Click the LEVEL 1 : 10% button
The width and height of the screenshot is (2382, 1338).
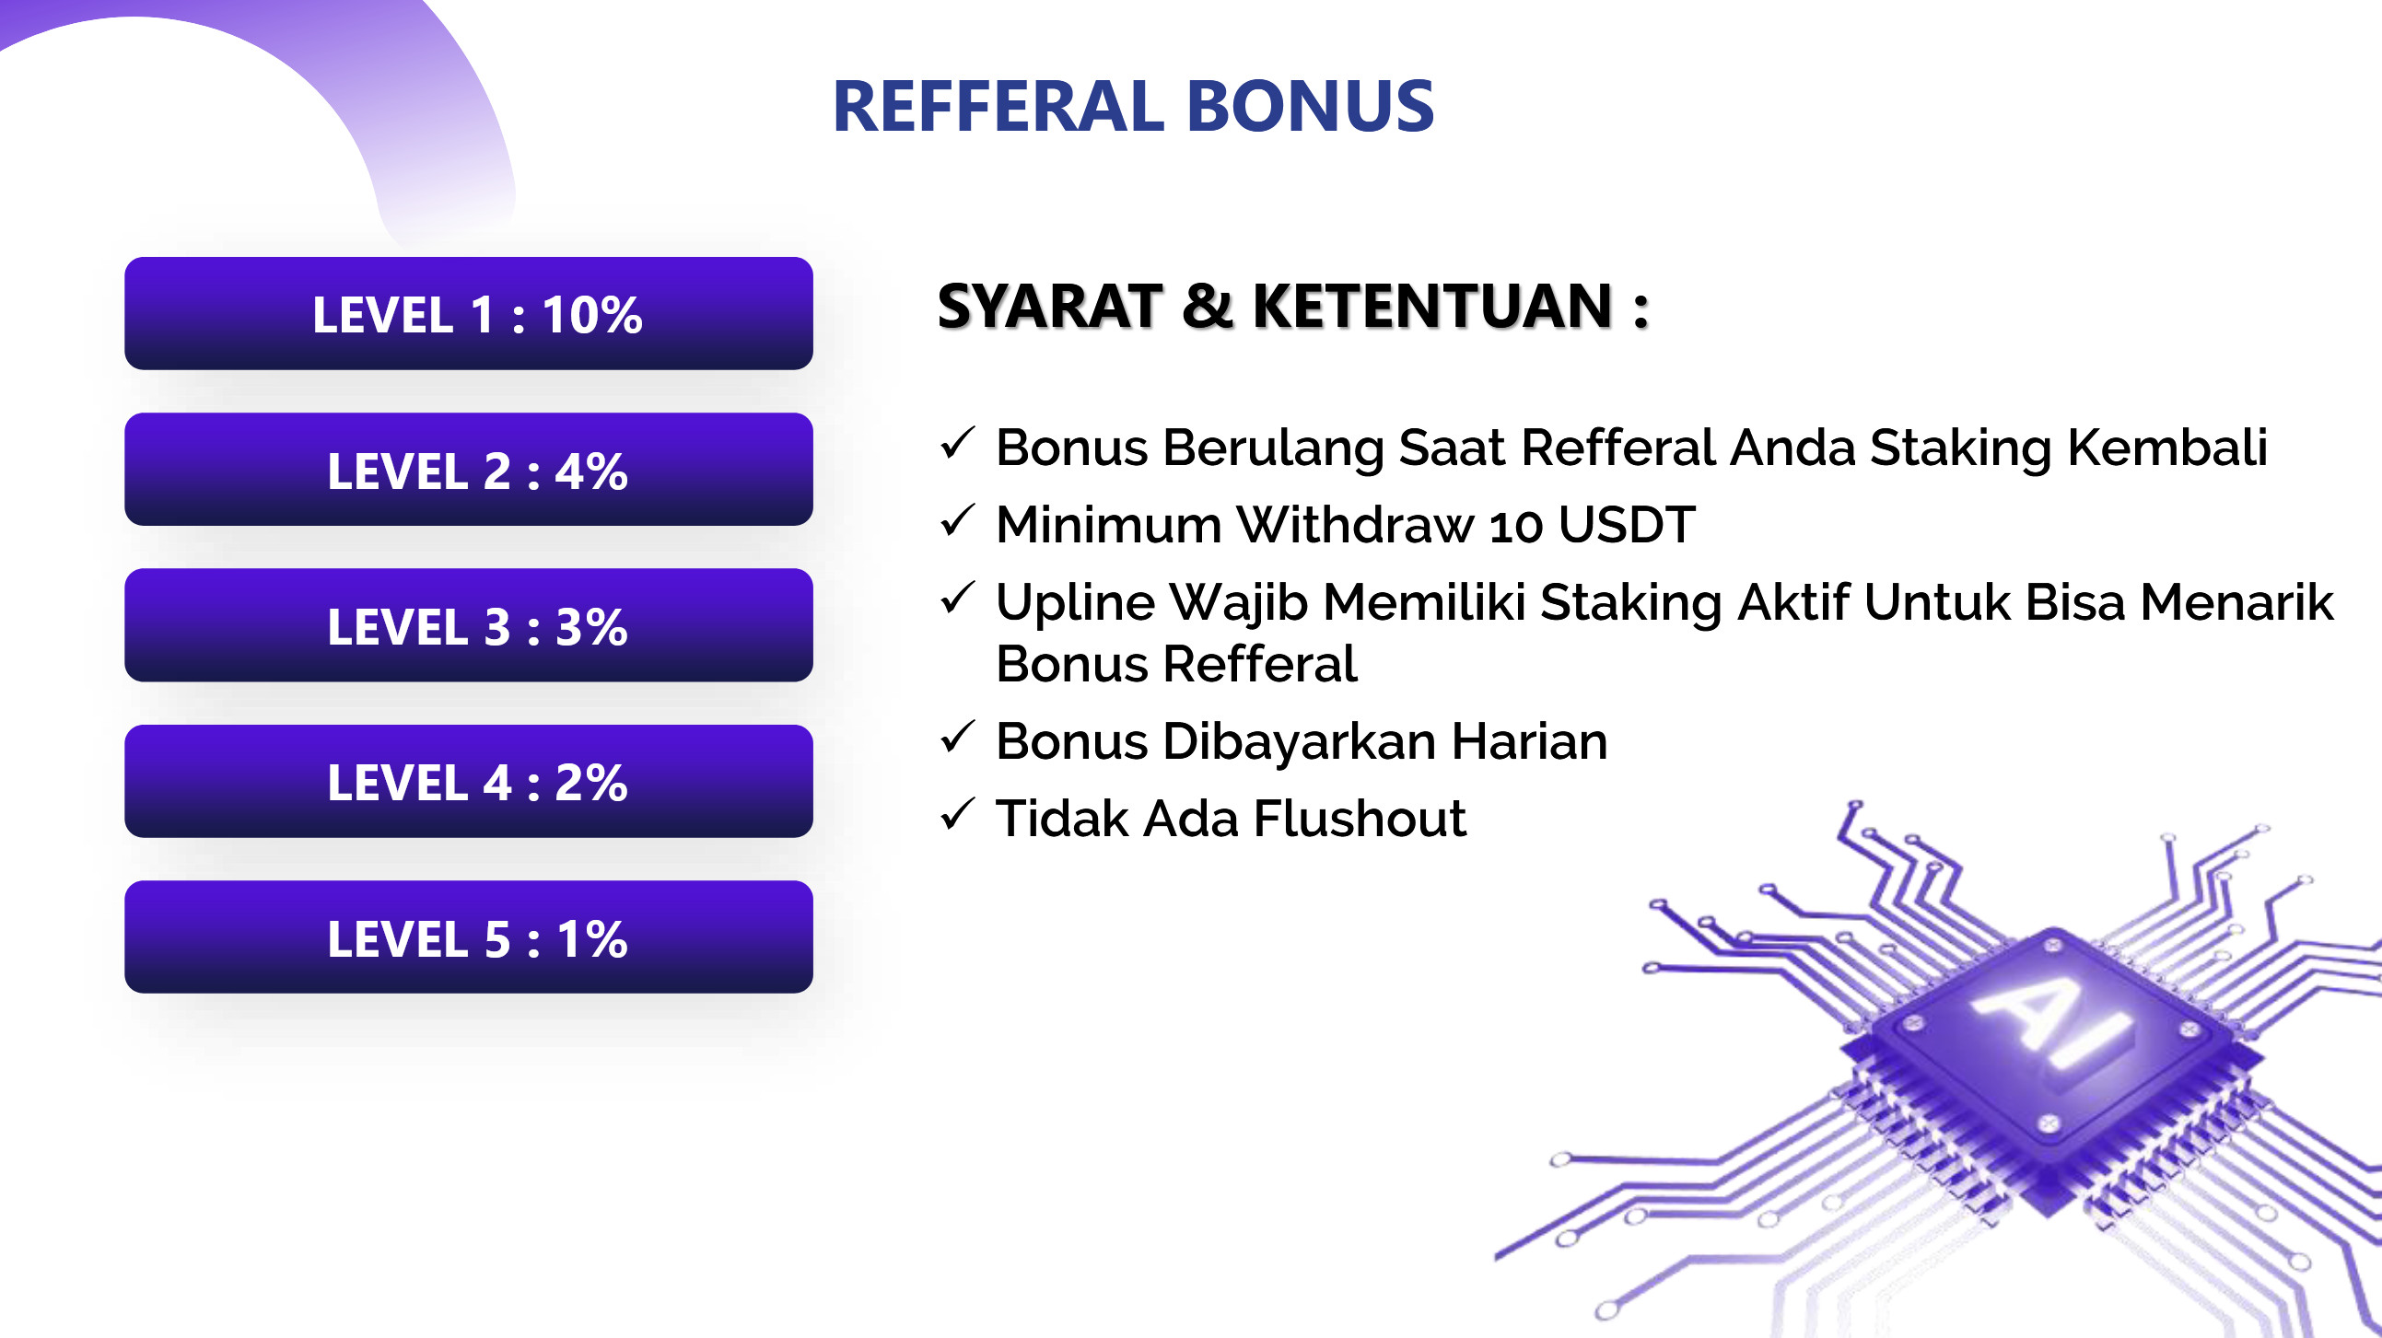[469, 313]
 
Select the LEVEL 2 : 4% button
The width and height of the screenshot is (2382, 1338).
[469, 470]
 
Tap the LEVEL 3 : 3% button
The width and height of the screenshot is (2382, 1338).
[469, 625]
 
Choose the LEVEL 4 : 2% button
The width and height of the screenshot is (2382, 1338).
[469, 782]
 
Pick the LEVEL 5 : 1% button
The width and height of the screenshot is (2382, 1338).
[469, 937]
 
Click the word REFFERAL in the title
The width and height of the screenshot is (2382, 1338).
[998, 106]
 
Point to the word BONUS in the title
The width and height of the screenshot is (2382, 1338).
[1311, 106]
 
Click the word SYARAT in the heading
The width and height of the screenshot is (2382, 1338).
[1049, 306]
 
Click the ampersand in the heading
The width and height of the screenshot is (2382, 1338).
[1208, 306]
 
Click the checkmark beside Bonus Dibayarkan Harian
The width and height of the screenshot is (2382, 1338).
[957, 737]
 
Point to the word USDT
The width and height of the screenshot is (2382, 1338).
[1627, 524]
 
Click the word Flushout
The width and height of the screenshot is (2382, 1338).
[1360, 819]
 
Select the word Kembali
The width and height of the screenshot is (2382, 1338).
[2167, 448]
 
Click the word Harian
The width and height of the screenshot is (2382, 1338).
[1529, 740]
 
